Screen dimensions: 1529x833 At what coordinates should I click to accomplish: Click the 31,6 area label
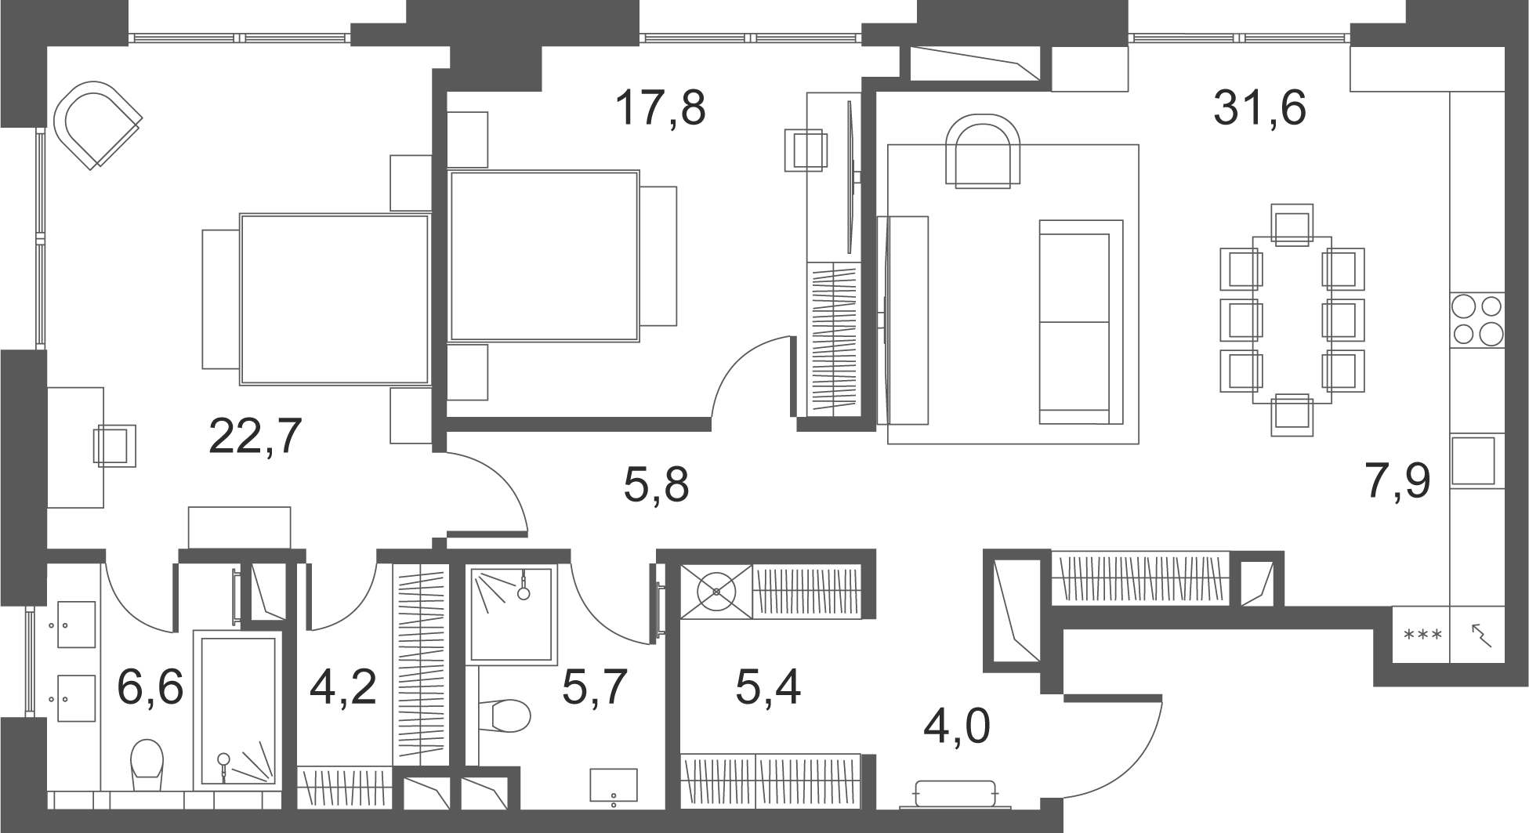click(1259, 108)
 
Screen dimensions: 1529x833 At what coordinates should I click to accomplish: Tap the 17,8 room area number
click(660, 108)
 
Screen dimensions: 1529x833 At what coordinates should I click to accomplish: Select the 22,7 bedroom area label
click(255, 436)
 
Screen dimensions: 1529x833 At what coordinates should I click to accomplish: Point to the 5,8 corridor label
click(656, 485)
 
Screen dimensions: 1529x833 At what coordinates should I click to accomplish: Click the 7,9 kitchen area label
click(1398, 482)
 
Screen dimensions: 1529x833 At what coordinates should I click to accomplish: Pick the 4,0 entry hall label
click(957, 726)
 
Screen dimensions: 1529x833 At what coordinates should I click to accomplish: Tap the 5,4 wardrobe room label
click(768, 688)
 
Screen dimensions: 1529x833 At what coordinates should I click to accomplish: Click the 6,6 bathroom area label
click(150, 687)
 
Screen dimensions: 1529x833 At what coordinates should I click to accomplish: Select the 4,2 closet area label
click(343, 687)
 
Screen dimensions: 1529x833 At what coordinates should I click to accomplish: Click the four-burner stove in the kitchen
click(1477, 320)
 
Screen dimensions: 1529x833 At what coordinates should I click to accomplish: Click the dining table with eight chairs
click(1292, 320)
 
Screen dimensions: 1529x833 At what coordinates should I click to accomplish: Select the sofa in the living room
click(1081, 322)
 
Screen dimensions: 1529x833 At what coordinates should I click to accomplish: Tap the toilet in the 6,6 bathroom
click(147, 765)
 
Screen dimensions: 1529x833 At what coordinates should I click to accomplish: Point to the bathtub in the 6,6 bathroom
click(239, 709)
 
